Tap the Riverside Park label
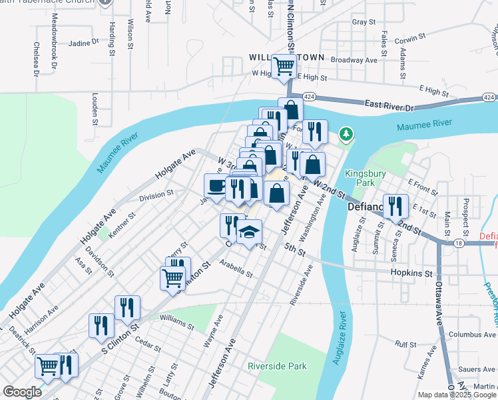[x=277, y=366]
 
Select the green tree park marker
[x=345, y=135]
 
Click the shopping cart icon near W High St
[x=284, y=66]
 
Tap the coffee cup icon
[x=216, y=185]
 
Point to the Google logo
[x=22, y=392]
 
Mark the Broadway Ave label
[x=354, y=60]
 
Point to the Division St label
[x=156, y=196]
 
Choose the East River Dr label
[x=389, y=105]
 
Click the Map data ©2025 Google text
[x=457, y=395]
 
